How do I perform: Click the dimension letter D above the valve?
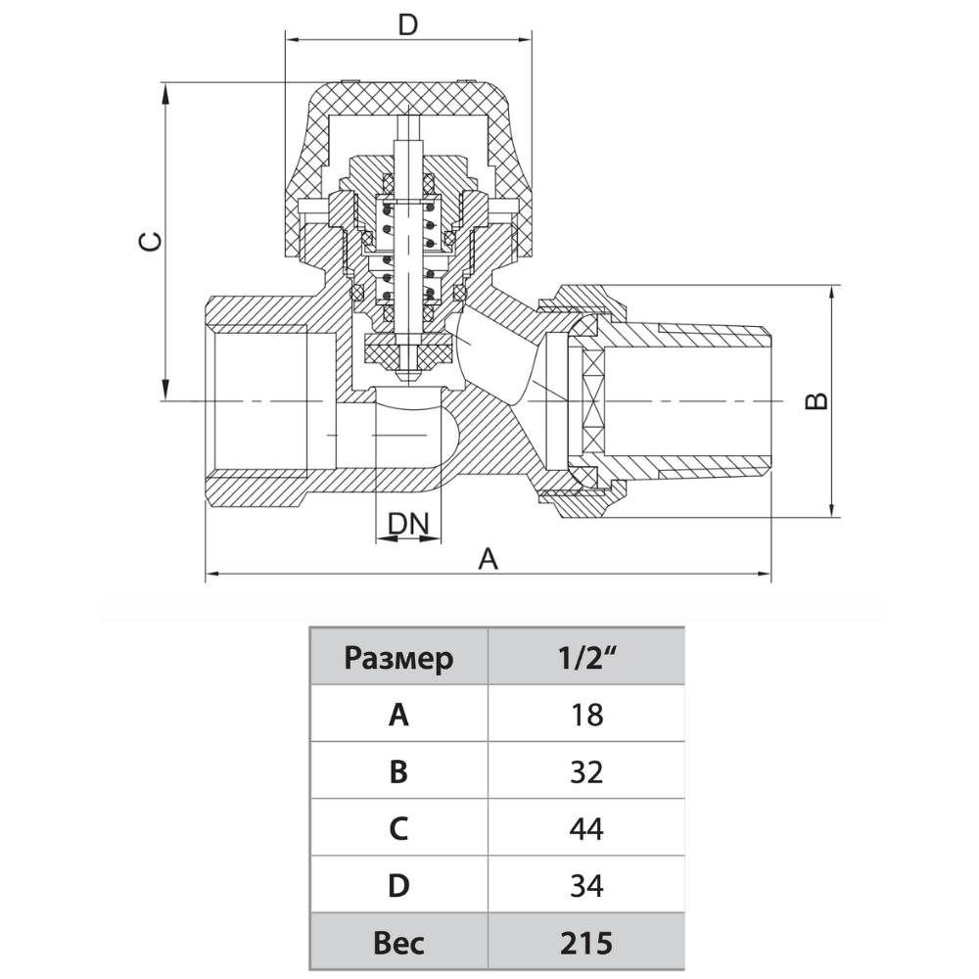[x=408, y=24]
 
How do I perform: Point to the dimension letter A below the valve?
[x=488, y=559]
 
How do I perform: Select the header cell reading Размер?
[x=398, y=658]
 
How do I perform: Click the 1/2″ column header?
[x=585, y=658]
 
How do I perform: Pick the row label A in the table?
[x=398, y=715]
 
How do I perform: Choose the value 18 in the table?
[x=585, y=715]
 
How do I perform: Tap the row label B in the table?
[x=398, y=771]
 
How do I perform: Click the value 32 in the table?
[x=585, y=771]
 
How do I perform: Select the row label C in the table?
[x=398, y=829]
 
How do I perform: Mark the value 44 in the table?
[x=585, y=829]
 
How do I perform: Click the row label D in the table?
[x=398, y=886]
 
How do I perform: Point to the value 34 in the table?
[x=585, y=886]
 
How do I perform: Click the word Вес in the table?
[x=398, y=943]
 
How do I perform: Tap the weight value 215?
[x=585, y=943]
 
